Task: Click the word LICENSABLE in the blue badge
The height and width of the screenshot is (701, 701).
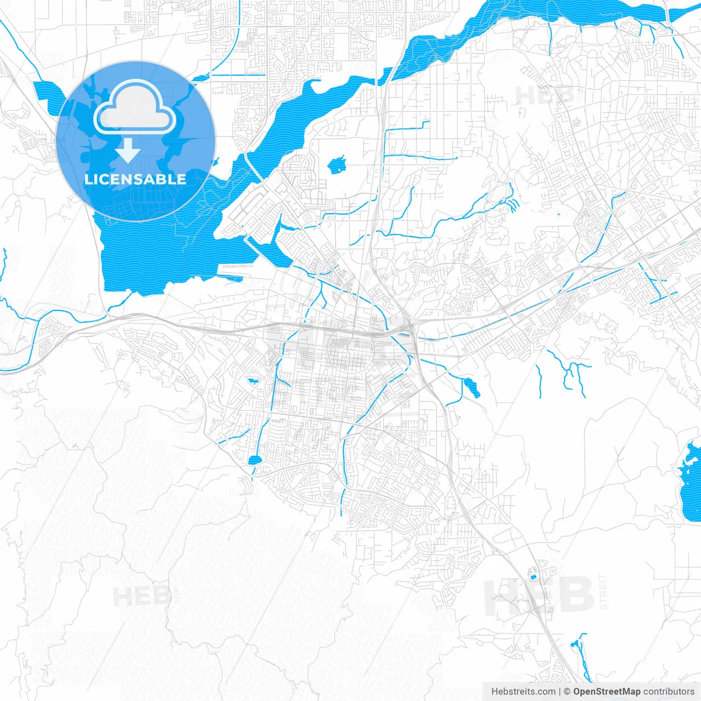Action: click(135, 179)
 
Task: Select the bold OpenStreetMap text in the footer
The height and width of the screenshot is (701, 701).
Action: click(607, 692)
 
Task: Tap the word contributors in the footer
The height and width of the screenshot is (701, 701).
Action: click(669, 692)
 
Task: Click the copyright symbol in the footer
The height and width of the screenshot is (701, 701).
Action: click(567, 692)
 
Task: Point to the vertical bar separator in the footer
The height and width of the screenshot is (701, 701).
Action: click(559, 692)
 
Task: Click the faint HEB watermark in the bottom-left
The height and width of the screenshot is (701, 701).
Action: click(141, 596)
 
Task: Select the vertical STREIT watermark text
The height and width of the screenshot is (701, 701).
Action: click(604, 591)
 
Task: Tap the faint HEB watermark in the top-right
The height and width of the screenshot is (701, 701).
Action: click(545, 95)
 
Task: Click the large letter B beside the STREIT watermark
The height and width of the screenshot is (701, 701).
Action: click(575, 595)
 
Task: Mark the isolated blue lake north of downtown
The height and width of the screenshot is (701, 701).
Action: click(337, 164)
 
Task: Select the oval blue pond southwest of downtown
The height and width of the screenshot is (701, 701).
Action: click(255, 460)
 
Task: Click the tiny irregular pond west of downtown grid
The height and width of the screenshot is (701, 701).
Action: click(252, 381)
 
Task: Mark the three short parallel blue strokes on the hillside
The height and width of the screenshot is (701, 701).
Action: click(514, 205)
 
